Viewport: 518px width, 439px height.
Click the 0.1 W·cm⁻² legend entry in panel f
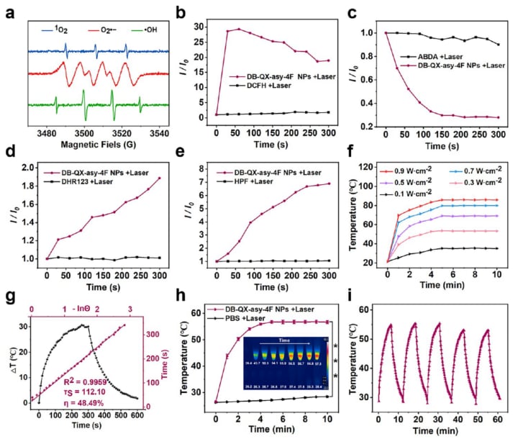(x=409, y=195)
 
